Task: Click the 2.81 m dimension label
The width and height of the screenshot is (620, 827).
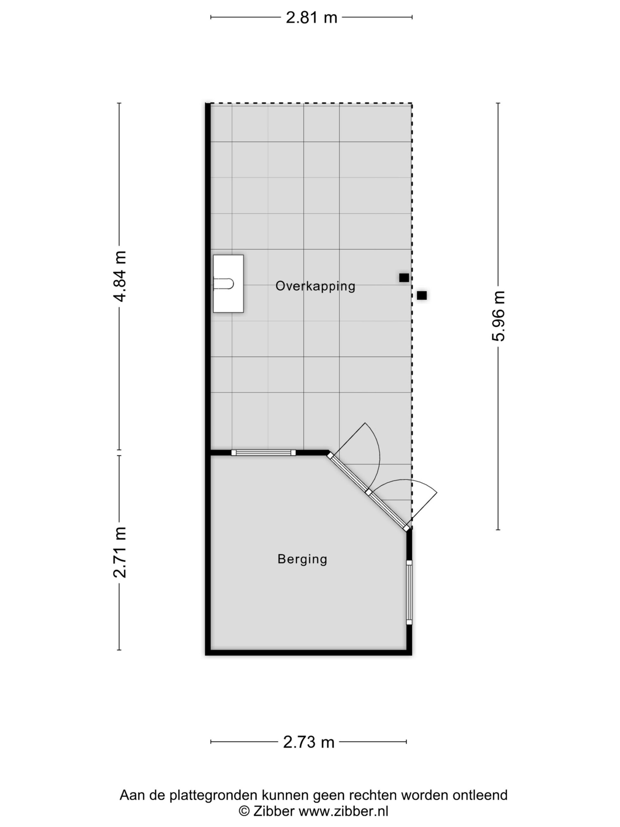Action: (x=311, y=17)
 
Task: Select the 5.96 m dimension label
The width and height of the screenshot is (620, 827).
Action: (x=499, y=316)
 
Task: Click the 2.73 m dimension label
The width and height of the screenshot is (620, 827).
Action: (x=309, y=742)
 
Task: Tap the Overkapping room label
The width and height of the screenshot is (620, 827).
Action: (x=315, y=286)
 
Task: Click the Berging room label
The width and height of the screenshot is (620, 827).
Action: (x=302, y=559)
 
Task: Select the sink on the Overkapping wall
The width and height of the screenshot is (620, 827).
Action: (x=228, y=284)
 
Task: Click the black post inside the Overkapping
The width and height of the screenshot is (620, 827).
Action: (x=404, y=278)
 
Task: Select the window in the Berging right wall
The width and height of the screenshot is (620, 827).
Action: (x=409, y=592)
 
